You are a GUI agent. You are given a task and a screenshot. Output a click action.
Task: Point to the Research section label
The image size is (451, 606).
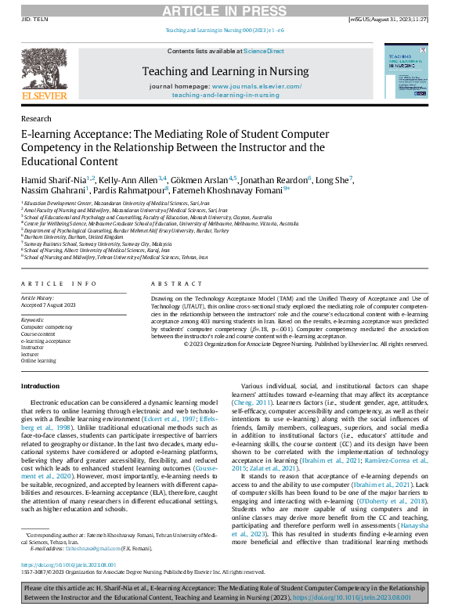pos(36,118)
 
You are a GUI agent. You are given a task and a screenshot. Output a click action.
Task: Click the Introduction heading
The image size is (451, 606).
pos(40,387)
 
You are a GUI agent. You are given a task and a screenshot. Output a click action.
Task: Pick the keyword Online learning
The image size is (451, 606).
pos(39,360)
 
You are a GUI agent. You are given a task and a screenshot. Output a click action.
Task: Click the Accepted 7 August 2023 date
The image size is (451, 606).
pos(49,305)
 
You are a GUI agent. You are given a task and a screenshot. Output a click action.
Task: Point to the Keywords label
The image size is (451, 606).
pos(33,319)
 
